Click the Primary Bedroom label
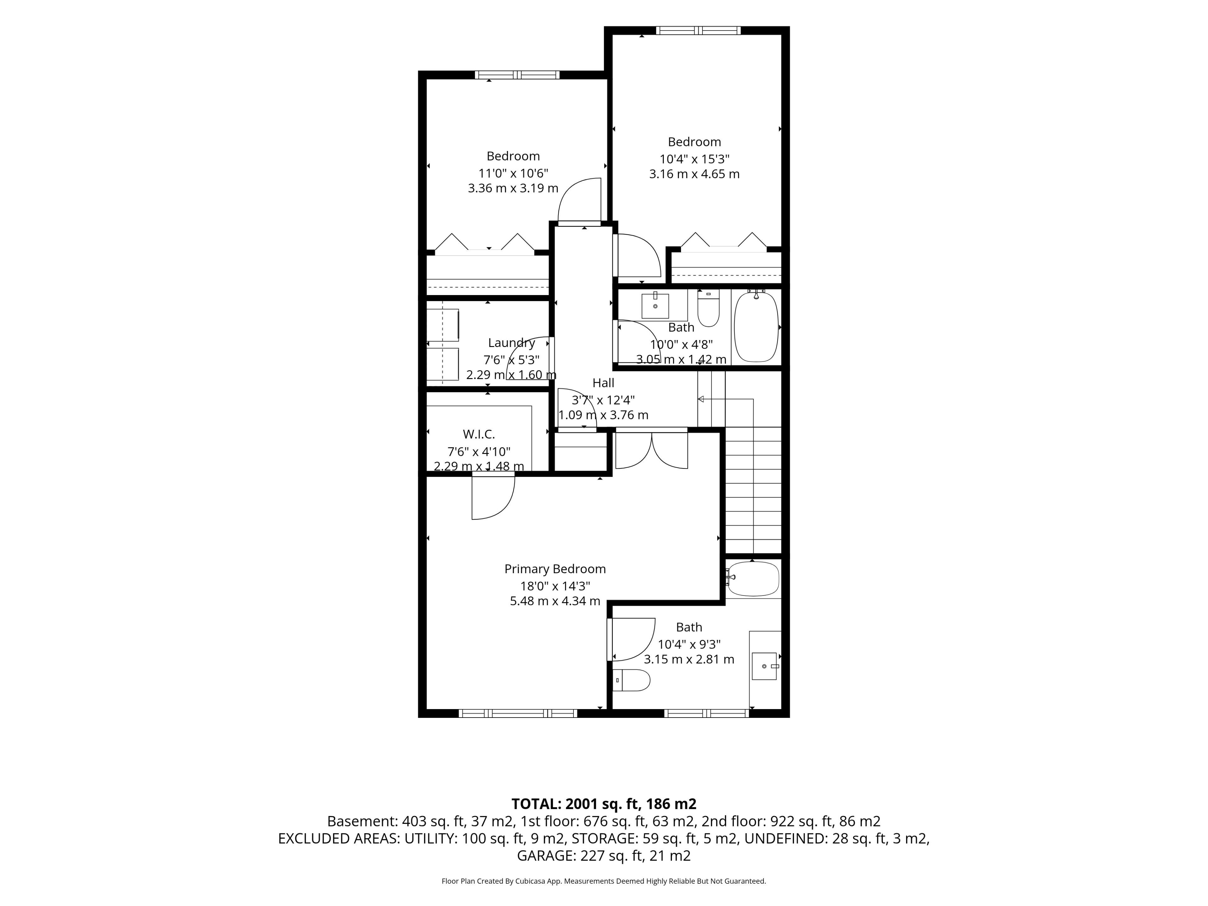555,569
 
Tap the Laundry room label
511,343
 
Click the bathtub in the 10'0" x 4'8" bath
756,327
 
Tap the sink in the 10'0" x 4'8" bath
655,306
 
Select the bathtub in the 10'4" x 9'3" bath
754,579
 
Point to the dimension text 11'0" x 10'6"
513,173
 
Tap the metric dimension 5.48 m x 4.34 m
555,601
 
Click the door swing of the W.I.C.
494,497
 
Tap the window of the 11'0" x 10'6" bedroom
517,75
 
